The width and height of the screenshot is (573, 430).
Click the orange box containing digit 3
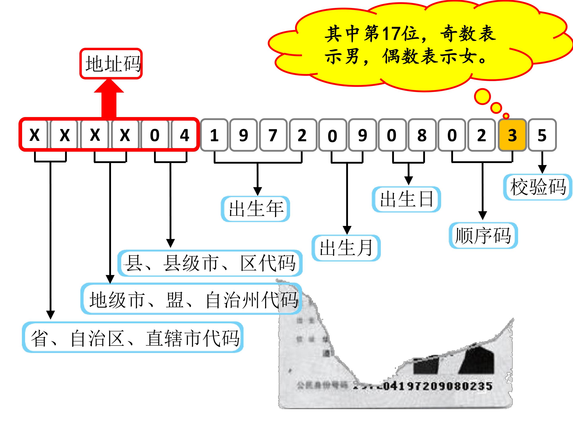[512, 135]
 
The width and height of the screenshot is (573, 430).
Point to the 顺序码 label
[483, 235]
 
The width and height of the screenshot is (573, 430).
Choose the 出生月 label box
[346, 248]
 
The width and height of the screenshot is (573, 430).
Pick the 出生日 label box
[406, 199]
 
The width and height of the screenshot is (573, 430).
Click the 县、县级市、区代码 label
[210, 263]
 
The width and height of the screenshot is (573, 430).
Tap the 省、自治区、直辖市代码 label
[133, 337]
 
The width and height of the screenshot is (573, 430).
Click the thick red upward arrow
[109, 99]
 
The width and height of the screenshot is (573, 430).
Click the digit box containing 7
[273, 135]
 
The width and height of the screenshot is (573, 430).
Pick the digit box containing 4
[184, 135]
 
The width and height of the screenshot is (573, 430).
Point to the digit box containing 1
[214, 135]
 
